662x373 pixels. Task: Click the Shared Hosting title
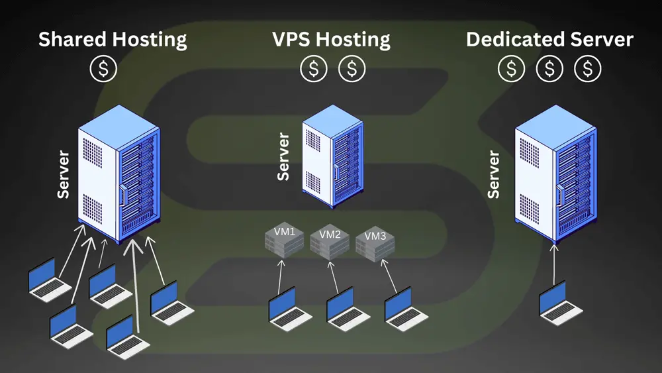coord(113,40)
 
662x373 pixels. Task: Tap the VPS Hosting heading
coord(331,40)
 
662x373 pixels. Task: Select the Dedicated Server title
coord(549,40)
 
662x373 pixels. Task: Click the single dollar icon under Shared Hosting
coord(103,69)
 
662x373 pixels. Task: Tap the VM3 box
coord(375,243)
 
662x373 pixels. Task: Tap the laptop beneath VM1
coord(289,309)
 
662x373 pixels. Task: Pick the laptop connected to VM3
coord(405,309)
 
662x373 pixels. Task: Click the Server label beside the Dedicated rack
coord(494,174)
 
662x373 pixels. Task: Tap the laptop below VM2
coord(347,309)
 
